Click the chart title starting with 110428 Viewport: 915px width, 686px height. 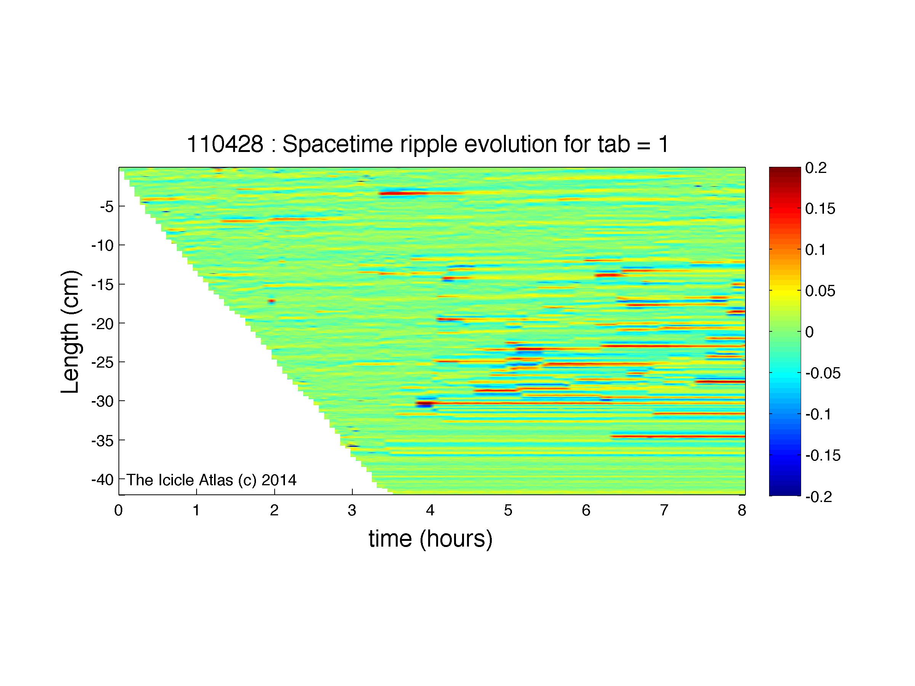pos(428,144)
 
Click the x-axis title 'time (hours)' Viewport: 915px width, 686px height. pos(430,539)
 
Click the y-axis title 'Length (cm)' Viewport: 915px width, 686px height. pos(70,332)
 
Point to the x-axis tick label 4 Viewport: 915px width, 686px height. pos(430,511)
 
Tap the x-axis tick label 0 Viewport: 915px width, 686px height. pos(119,511)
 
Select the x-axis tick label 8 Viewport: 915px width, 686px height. pos(742,511)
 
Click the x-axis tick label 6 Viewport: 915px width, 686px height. pos(586,511)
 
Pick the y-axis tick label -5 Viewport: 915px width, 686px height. pos(106,206)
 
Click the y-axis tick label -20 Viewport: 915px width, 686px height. pos(102,323)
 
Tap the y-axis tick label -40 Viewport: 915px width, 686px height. pos(102,480)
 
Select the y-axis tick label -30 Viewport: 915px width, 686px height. pos(102,401)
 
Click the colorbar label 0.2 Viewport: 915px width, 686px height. pos(816,168)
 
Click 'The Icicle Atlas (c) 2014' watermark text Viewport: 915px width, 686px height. pos(211,480)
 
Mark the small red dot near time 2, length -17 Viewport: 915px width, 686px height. pos(271,301)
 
